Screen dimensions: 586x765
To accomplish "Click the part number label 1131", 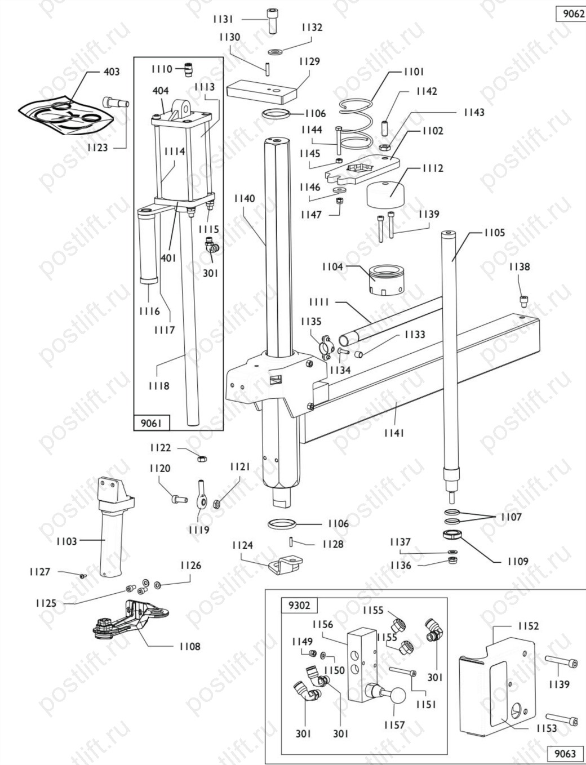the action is pos(223,19).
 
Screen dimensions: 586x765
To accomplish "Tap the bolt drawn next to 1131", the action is pos(272,21).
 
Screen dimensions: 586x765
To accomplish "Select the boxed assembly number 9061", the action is pos(152,423).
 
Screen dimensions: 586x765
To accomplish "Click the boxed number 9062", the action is pos(571,14).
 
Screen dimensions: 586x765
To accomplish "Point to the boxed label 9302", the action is pos(299,605).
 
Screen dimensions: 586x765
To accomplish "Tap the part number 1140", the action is pos(245,198).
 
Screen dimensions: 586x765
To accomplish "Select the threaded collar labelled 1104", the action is pos(387,279).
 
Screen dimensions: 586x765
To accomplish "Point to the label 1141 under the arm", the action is pos(394,433).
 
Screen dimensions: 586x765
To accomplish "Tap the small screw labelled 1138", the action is pos(523,299).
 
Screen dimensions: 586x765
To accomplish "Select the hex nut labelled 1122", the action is pos(202,459).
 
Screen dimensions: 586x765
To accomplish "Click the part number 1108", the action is pos(190,646).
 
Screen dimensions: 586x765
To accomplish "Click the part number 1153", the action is pos(547,728).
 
